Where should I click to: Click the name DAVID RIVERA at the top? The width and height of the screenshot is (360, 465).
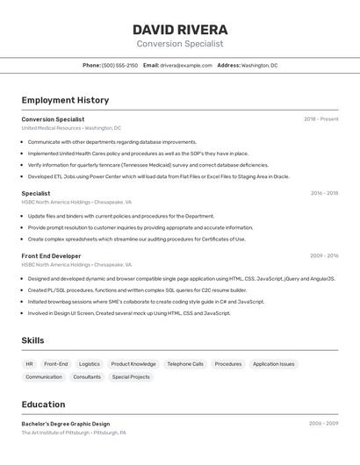point(180,30)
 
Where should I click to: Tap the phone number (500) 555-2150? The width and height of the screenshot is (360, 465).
point(119,65)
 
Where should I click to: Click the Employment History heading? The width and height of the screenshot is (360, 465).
point(65,100)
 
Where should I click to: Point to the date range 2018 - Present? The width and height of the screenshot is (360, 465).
point(321,119)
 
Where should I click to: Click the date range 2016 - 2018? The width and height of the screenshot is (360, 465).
point(324,193)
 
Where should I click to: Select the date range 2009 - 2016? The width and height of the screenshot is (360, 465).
point(324,256)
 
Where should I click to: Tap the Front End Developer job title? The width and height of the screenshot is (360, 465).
point(51,256)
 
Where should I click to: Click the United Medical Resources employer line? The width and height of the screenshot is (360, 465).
point(71,128)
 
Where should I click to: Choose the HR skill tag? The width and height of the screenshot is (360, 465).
point(29,364)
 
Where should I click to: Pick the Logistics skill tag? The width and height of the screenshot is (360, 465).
point(90,364)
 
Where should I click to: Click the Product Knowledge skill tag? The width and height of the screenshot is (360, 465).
point(133,364)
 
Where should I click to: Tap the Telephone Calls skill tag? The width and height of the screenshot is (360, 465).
point(185,364)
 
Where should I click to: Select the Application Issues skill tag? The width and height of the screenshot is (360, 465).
point(274,364)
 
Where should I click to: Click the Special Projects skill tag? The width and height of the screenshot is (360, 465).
point(131,377)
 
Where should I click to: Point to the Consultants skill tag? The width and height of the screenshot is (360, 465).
point(87,377)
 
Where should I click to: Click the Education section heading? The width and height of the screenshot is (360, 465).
point(43,404)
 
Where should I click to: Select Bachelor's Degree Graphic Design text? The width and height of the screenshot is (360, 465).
point(66,424)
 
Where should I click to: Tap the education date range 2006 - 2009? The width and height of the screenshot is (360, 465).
point(323,424)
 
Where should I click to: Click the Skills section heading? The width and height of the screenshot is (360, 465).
point(33,340)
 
